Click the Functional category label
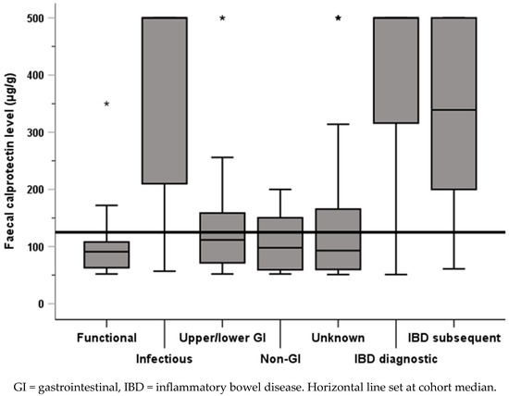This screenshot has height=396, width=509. click(107, 337)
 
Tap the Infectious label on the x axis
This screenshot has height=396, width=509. click(165, 356)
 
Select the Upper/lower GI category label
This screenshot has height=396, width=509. click(221, 337)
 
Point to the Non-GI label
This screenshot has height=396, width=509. click(279, 356)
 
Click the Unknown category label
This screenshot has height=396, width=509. click(338, 337)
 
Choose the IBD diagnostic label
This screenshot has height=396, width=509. click(395, 356)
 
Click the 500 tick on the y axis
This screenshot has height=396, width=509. click(35, 18)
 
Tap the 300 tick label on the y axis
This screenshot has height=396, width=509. click(35, 132)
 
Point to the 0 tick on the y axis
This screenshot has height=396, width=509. click(42, 303)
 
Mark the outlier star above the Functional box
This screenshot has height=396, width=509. click(107, 105)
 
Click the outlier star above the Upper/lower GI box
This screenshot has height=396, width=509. click(222, 19)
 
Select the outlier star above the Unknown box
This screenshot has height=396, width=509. click(338, 19)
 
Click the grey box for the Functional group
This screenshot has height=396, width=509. click(107, 255)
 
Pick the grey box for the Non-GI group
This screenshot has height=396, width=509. click(279, 244)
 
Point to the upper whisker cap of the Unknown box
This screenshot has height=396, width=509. click(338, 123)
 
